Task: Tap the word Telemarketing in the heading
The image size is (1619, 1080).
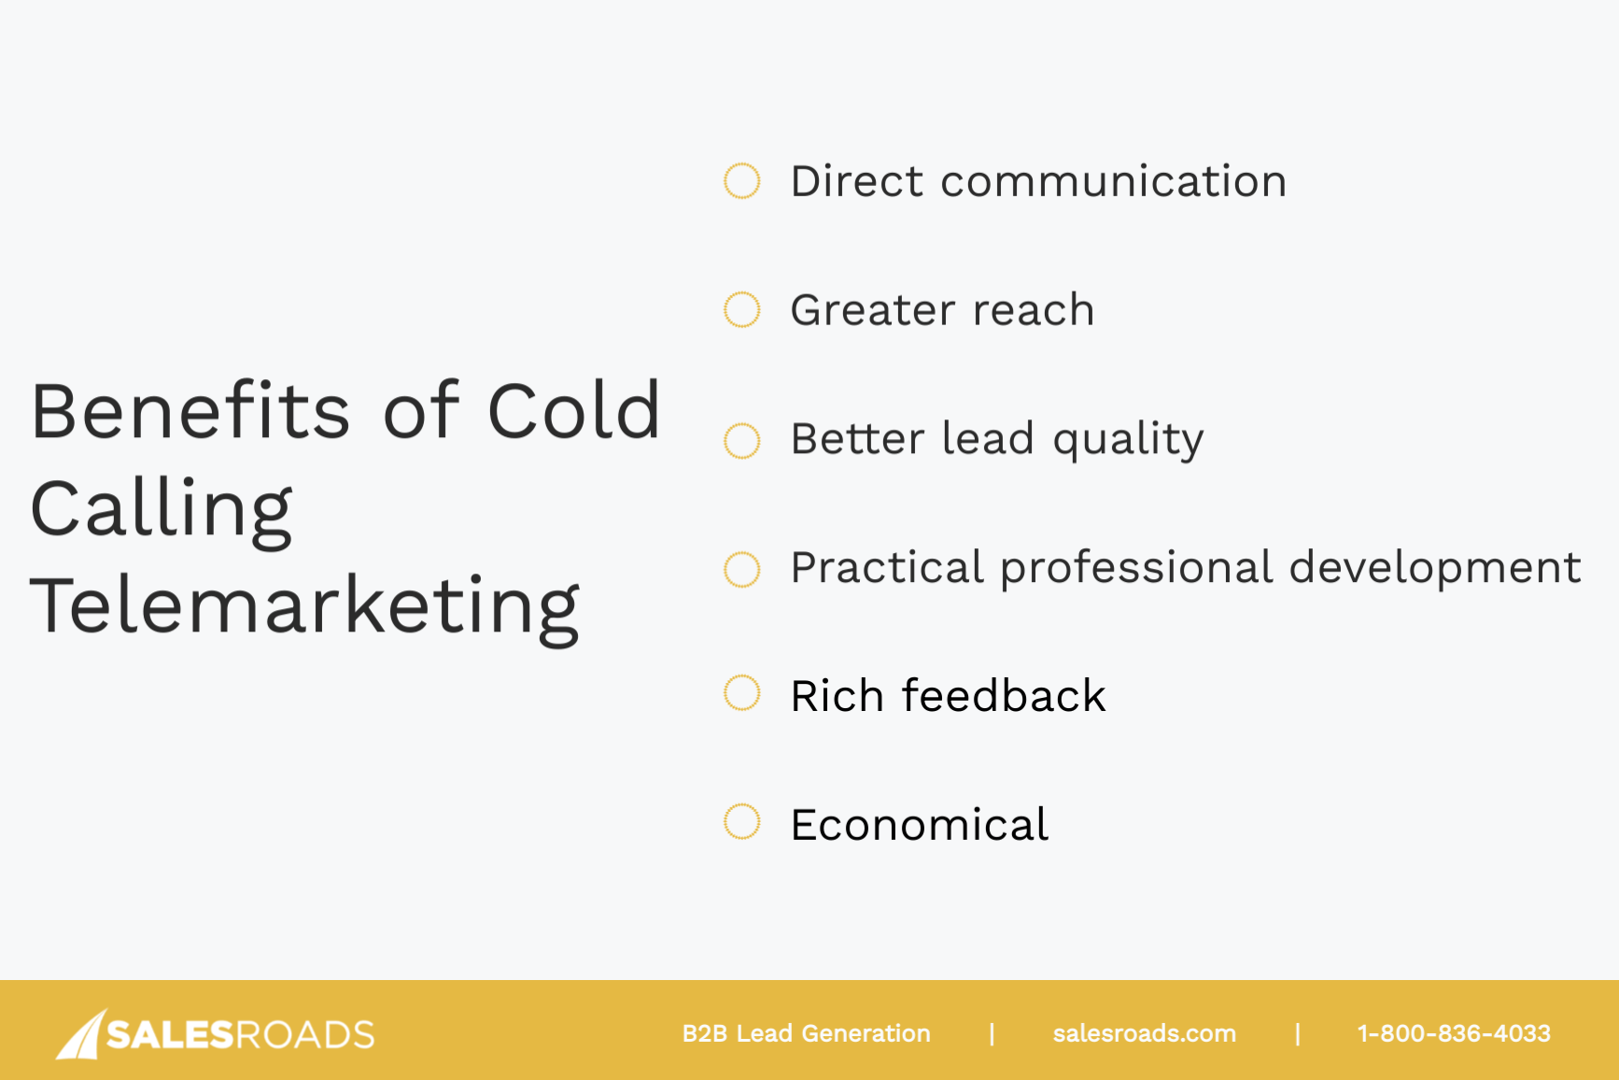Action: pyautogui.click(x=304, y=607)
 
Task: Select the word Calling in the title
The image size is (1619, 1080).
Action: pyautogui.click(x=162, y=509)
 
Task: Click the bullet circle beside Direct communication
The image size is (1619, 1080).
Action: pyautogui.click(x=742, y=181)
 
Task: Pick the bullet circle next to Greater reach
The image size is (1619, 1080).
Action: pyautogui.click(x=742, y=310)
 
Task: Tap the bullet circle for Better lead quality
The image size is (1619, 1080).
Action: pyautogui.click(x=742, y=440)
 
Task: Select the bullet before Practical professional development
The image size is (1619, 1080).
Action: pyautogui.click(x=742, y=569)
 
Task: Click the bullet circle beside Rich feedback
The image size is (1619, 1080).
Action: pyautogui.click(x=742, y=693)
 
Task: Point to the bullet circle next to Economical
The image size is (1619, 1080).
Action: pyautogui.click(x=742, y=822)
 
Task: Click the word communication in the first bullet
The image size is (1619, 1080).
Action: pyautogui.click(x=1113, y=181)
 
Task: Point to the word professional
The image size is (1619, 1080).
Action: pyautogui.click(x=1136, y=569)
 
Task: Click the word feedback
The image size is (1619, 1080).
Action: pyautogui.click(x=1003, y=696)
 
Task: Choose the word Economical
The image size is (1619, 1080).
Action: pyautogui.click(x=919, y=825)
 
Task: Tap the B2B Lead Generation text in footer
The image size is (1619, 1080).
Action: pyautogui.click(x=806, y=1033)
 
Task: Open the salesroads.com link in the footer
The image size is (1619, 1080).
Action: pyautogui.click(x=1144, y=1033)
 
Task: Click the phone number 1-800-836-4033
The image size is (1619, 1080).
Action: pyautogui.click(x=1453, y=1033)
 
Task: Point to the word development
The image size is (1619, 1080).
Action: pyautogui.click(x=1435, y=569)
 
